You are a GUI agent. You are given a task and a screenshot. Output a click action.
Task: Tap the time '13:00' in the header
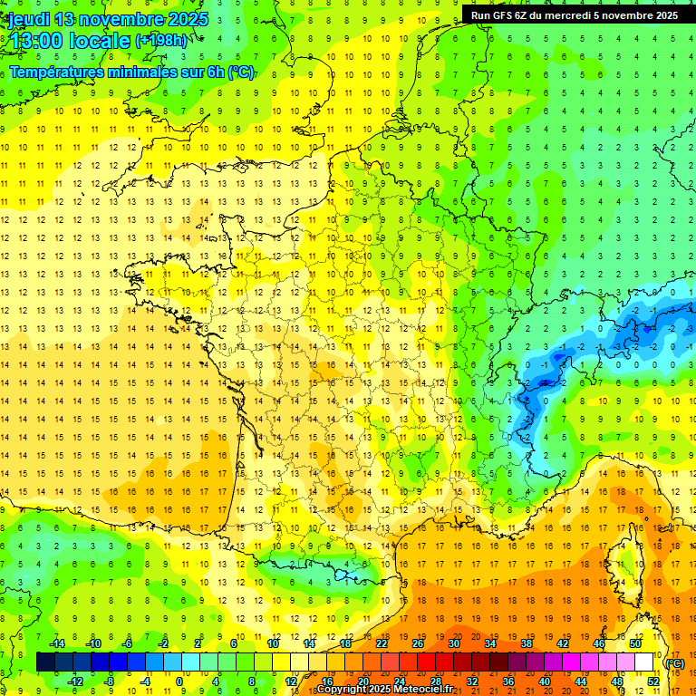34,41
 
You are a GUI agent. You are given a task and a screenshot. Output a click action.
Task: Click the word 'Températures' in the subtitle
56,72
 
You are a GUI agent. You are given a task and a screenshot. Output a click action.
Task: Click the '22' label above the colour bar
382,643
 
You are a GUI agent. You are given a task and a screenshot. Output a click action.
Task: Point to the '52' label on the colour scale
653,681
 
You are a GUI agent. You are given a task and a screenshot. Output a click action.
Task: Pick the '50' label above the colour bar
635,643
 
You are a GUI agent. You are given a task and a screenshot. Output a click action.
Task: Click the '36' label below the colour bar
508,681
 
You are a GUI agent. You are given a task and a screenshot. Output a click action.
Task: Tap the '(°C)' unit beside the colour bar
675,662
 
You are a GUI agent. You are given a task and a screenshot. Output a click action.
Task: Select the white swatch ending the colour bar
644,662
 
